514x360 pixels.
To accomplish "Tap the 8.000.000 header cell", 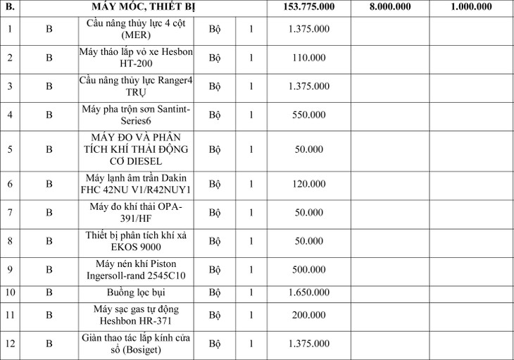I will click(x=389, y=8).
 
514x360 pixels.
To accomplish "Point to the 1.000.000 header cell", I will click(x=471, y=8).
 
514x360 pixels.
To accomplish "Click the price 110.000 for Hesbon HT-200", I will click(x=308, y=58).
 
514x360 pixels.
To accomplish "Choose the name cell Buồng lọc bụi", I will click(x=137, y=292).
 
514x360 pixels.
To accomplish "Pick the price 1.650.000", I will click(x=308, y=292).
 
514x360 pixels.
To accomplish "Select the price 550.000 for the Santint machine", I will click(x=308, y=114).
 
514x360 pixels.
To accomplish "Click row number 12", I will click(x=10, y=344).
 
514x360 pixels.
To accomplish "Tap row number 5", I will click(x=10, y=149).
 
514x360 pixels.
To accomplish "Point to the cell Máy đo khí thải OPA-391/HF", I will click(x=137, y=212).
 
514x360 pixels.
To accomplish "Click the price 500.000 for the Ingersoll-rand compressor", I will click(x=308, y=269).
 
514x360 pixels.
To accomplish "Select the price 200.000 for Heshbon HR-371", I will click(x=308, y=315).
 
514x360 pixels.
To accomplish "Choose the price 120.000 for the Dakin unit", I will click(x=308, y=184).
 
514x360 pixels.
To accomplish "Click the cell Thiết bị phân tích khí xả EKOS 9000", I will click(x=137, y=240).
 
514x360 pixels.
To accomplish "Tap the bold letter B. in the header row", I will click(x=10, y=8).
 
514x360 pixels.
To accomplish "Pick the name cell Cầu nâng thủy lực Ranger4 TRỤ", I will click(x=137, y=86).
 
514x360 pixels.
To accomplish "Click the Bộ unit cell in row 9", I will click(x=215, y=269).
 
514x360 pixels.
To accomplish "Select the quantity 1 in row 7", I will click(x=250, y=212).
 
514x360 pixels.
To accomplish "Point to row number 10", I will click(x=10, y=292).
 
